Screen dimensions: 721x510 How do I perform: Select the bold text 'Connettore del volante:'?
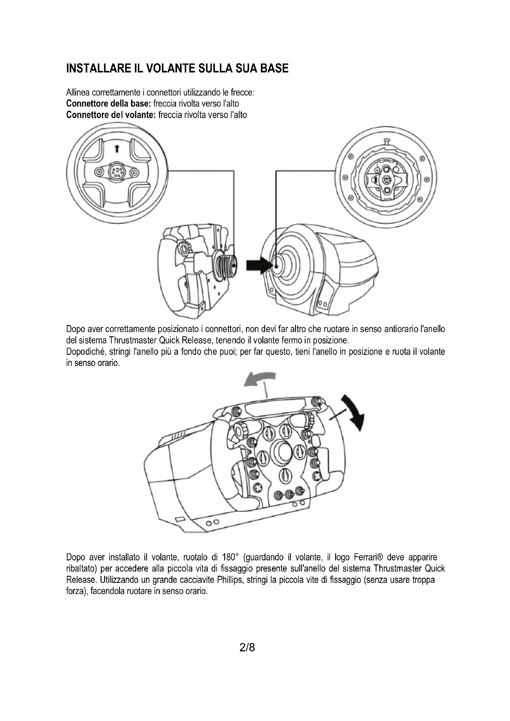[111, 115]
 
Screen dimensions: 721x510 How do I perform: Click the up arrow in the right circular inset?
[376, 180]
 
